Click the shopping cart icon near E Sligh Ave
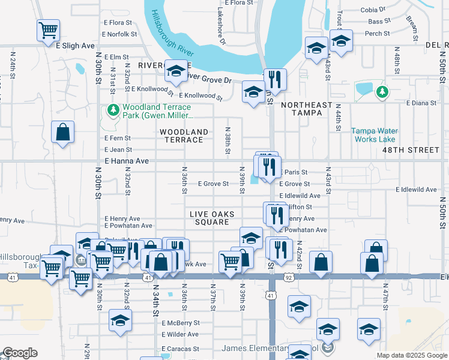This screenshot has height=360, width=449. pyautogui.click(x=48, y=29)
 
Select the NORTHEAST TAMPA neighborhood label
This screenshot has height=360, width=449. pyautogui.click(x=307, y=110)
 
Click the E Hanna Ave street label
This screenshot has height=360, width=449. pyautogui.click(x=126, y=161)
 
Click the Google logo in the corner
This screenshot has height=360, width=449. pyautogui.click(x=20, y=353)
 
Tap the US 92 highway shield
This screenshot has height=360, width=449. pyautogui.click(x=289, y=278)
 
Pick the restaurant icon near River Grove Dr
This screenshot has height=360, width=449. pyautogui.click(x=275, y=79)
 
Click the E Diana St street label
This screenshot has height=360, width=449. pyautogui.click(x=421, y=103)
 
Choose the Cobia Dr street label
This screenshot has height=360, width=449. pyautogui.click(x=373, y=10)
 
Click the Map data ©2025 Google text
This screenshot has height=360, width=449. pyautogui.click(x=411, y=355)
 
